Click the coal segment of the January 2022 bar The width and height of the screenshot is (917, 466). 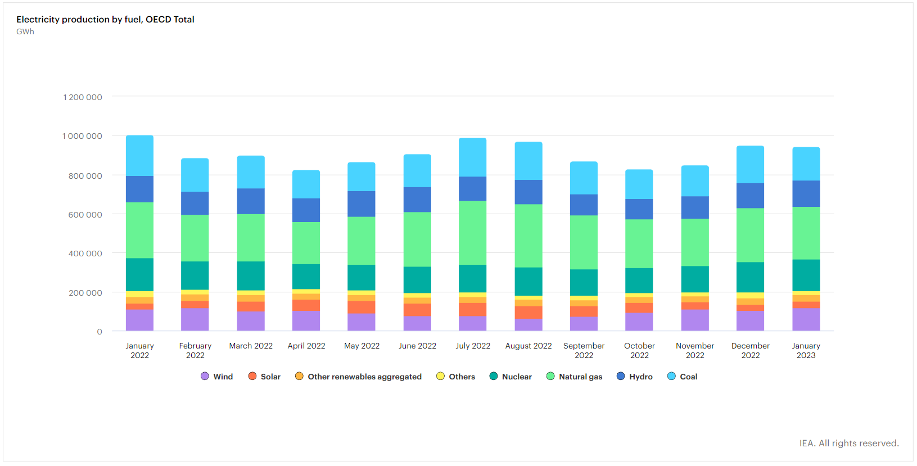tap(139, 156)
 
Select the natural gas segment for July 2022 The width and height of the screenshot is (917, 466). tap(472, 233)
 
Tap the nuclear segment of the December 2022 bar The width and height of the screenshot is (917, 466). tap(750, 277)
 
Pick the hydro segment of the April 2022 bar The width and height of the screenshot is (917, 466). tap(306, 210)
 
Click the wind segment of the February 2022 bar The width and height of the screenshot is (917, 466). tap(195, 319)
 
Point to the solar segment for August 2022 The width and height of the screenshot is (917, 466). tap(528, 313)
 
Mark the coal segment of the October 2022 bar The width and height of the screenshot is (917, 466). tap(639, 184)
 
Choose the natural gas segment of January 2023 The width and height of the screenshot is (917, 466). tap(806, 233)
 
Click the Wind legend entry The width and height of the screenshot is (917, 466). tap(217, 377)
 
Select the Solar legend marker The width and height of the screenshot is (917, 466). tap(252, 376)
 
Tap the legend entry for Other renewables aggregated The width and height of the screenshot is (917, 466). tap(358, 377)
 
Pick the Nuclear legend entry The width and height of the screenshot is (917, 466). tap(511, 377)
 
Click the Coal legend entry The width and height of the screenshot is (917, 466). tap(682, 377)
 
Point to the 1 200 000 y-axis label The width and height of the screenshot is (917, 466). tap(83, 97)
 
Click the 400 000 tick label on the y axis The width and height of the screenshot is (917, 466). tap(85, 254)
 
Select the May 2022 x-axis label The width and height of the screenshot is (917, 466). tap(362, 346)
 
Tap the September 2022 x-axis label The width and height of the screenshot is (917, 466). tap(584, 350)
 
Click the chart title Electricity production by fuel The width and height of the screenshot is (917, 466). tap(105, 19)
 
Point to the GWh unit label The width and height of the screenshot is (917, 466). tap(25, 31)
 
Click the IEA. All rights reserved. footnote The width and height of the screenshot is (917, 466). tap(848, 443)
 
